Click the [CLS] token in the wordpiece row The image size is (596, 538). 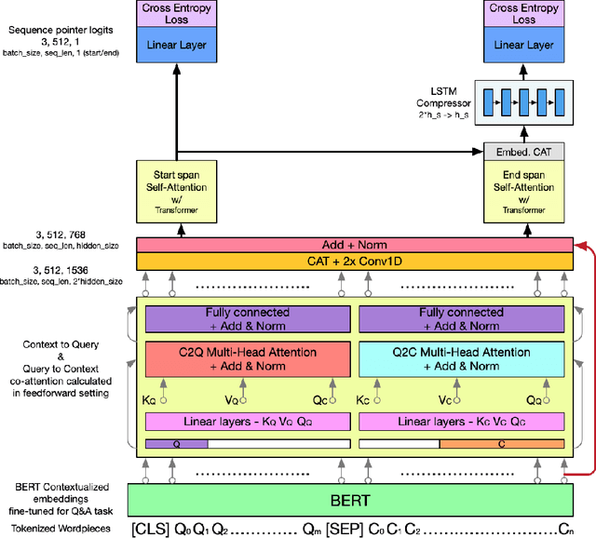(151, 529)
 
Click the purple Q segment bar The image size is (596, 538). (176, 445)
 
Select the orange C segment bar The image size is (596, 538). (501, 445)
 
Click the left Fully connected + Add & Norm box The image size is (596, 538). (247, 318)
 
